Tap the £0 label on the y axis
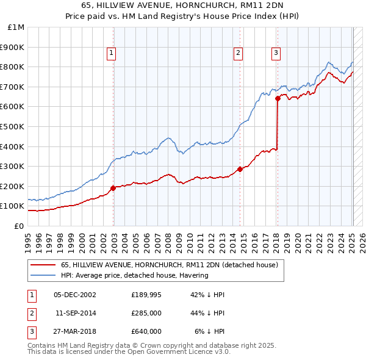19,226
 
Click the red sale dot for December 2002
113,188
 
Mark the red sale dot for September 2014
240,169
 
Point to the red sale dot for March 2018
278,98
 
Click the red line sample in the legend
43,265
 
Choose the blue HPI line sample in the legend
43,275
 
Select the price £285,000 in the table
146,313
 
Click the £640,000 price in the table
146,331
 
